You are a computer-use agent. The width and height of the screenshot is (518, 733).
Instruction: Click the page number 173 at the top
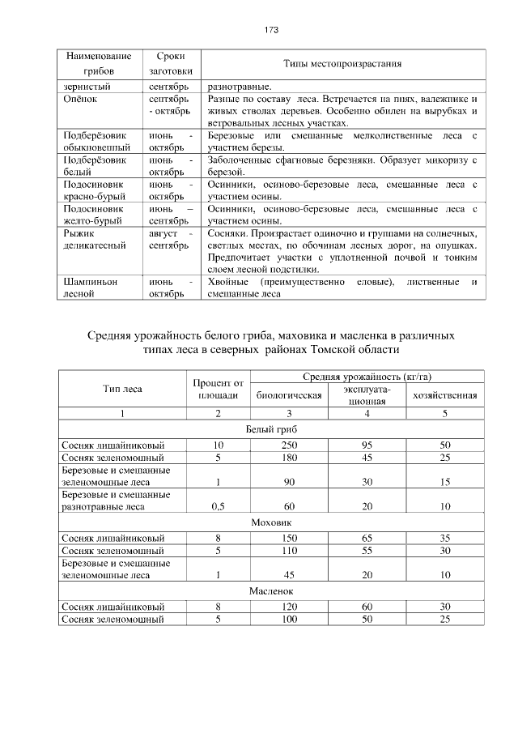click(x=271, y=30)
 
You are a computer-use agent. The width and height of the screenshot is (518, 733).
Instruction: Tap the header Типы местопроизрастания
click(x=343, y=63)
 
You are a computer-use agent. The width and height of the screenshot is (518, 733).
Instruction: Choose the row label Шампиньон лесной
click(x=89, y=288)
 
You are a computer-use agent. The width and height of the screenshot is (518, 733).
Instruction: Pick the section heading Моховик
click(x=271, y=522)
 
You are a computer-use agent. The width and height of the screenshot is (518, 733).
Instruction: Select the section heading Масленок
click(x=271, y=591)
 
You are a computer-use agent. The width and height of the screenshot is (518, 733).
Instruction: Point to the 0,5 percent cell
click(x=217, y=506)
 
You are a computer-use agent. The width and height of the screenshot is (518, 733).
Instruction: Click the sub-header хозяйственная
click(x=444, y=395)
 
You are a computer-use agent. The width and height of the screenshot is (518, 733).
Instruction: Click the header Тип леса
click(x=122, y=388)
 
